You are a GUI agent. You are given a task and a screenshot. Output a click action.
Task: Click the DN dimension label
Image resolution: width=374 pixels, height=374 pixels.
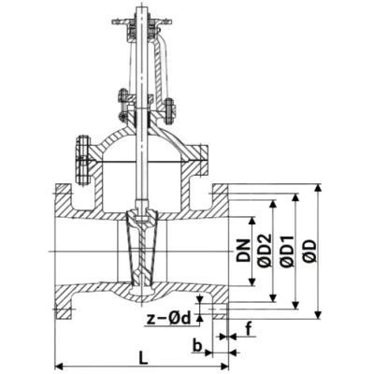(x=243, y=251)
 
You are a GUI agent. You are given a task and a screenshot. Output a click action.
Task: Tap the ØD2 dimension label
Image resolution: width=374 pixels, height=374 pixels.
(x=265, y=251)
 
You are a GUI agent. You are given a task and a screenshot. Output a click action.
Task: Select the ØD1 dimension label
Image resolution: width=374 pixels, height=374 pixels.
(x=287, y=252)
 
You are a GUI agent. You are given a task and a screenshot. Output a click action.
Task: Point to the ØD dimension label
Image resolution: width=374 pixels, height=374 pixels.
(x=310, y=251)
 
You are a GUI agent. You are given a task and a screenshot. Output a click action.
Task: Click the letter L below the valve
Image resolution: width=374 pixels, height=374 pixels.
(x=143, y=357)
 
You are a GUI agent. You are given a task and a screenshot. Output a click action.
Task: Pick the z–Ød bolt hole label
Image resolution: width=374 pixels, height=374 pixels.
(x=168, y=318)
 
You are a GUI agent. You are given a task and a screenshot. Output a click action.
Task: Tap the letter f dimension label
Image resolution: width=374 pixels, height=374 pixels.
(x=249, y=329)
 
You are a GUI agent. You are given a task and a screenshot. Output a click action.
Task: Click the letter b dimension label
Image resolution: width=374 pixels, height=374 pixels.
(x=196, y=345)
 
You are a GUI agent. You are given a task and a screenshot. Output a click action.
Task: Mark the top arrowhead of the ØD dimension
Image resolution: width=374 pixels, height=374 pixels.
(x=318, y=188)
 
